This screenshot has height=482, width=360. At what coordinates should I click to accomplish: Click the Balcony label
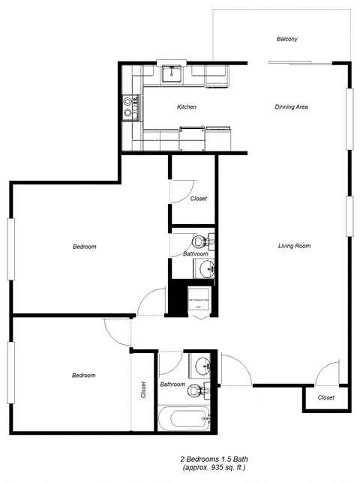pyautogui.click(x=287, y=39)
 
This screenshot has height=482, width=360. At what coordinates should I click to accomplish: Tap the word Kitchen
pyautogui.click(x=187, y=107)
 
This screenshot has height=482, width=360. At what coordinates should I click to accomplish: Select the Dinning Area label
pyautogui.click(x=291, y=107)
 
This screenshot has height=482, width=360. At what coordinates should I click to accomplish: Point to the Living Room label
pyautogui.click(x=294, y=246)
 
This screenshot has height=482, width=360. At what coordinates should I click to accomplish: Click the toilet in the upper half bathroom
pyautogui.click(x=201, y=243)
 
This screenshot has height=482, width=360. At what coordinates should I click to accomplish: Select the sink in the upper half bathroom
pyautogui.click(x=203, y=268)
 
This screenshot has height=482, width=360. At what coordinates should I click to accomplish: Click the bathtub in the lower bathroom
pyautogui.click(x=187, y=417)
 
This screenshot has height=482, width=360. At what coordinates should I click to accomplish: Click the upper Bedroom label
pyautogui.click(x=84, y=247)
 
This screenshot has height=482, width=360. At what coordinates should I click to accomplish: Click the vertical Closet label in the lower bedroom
pyautogui.click(x=143, y=390)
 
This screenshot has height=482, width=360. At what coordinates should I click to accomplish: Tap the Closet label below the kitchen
pyautogui.click(x=198, y=199)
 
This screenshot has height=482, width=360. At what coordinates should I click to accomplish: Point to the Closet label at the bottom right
pyautogui.click(x=326, y=397)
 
